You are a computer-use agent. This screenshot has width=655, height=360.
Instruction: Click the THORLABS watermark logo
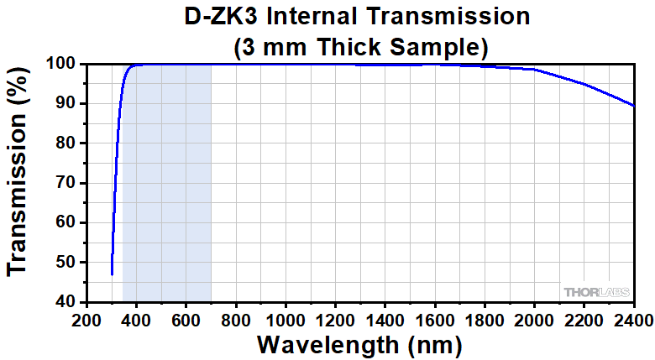[x=595, y=291]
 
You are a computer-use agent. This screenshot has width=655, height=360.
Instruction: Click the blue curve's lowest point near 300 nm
[x=112, y=274]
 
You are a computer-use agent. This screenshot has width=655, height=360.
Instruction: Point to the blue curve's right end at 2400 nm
[x=633, y=106]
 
